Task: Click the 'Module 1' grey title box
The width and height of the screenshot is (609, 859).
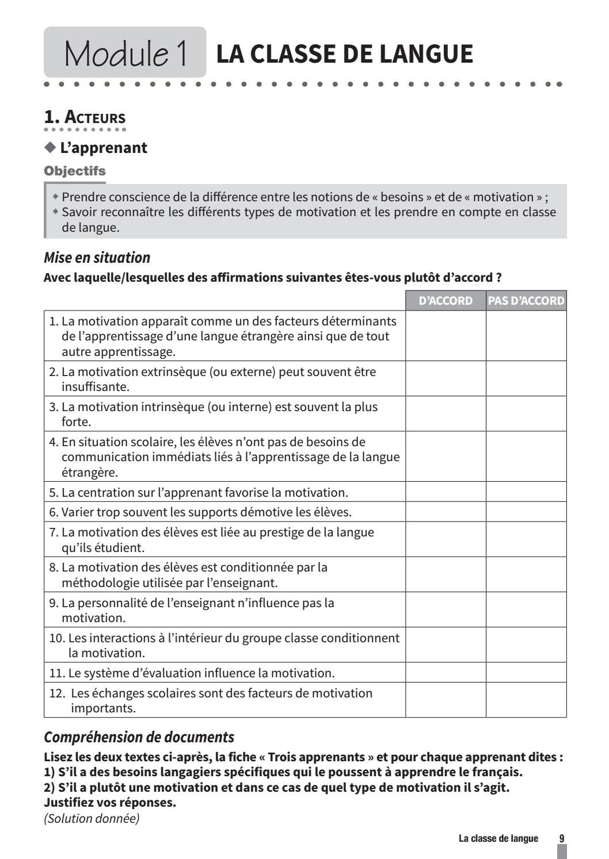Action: click(125, 53)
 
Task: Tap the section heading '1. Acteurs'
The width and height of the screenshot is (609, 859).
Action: click(85, 117)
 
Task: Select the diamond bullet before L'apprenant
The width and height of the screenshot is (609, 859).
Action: click(50, 147)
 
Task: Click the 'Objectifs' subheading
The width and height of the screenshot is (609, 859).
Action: click(75, 171)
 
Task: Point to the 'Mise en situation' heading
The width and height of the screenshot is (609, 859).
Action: click(97, 257)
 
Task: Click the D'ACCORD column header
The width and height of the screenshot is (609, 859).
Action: click(445, 301)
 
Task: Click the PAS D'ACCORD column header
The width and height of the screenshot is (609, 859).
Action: click(526, 301)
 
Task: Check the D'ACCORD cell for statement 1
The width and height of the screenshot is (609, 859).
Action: click(446, 336)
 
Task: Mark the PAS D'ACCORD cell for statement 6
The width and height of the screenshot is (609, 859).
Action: click(526, 512)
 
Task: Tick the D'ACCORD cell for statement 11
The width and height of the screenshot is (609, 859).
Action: click(446, 673)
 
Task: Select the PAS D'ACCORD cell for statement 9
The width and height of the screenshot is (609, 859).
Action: click(526, 610)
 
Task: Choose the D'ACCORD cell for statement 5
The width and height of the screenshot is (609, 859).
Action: click(446, 492)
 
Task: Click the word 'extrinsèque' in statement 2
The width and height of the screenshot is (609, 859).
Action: click(173, 372)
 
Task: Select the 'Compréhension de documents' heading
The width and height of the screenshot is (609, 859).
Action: click(139, 737)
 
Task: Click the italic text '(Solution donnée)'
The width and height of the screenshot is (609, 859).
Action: click(92, 818)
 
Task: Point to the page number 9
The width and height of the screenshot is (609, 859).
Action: click(562, 838)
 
